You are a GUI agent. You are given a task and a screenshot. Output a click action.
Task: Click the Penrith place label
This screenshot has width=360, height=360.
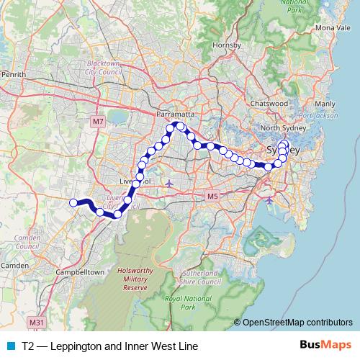click(14, 74)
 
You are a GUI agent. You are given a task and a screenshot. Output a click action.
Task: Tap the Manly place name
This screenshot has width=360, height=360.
click(325, 104)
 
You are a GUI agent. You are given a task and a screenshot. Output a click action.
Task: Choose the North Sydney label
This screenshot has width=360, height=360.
click(279, 128)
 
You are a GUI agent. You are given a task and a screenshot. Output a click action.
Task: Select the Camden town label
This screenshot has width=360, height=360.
click(14, 266)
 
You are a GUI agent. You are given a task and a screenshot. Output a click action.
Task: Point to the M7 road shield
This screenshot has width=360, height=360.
click(99, 122)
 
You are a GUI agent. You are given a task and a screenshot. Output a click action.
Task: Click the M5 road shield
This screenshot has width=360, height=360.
click(212, 196)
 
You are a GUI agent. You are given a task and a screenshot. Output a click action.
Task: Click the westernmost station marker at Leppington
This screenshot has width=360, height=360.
click(73, 202)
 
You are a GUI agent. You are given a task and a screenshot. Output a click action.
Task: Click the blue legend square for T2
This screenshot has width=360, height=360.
click(10, 346)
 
